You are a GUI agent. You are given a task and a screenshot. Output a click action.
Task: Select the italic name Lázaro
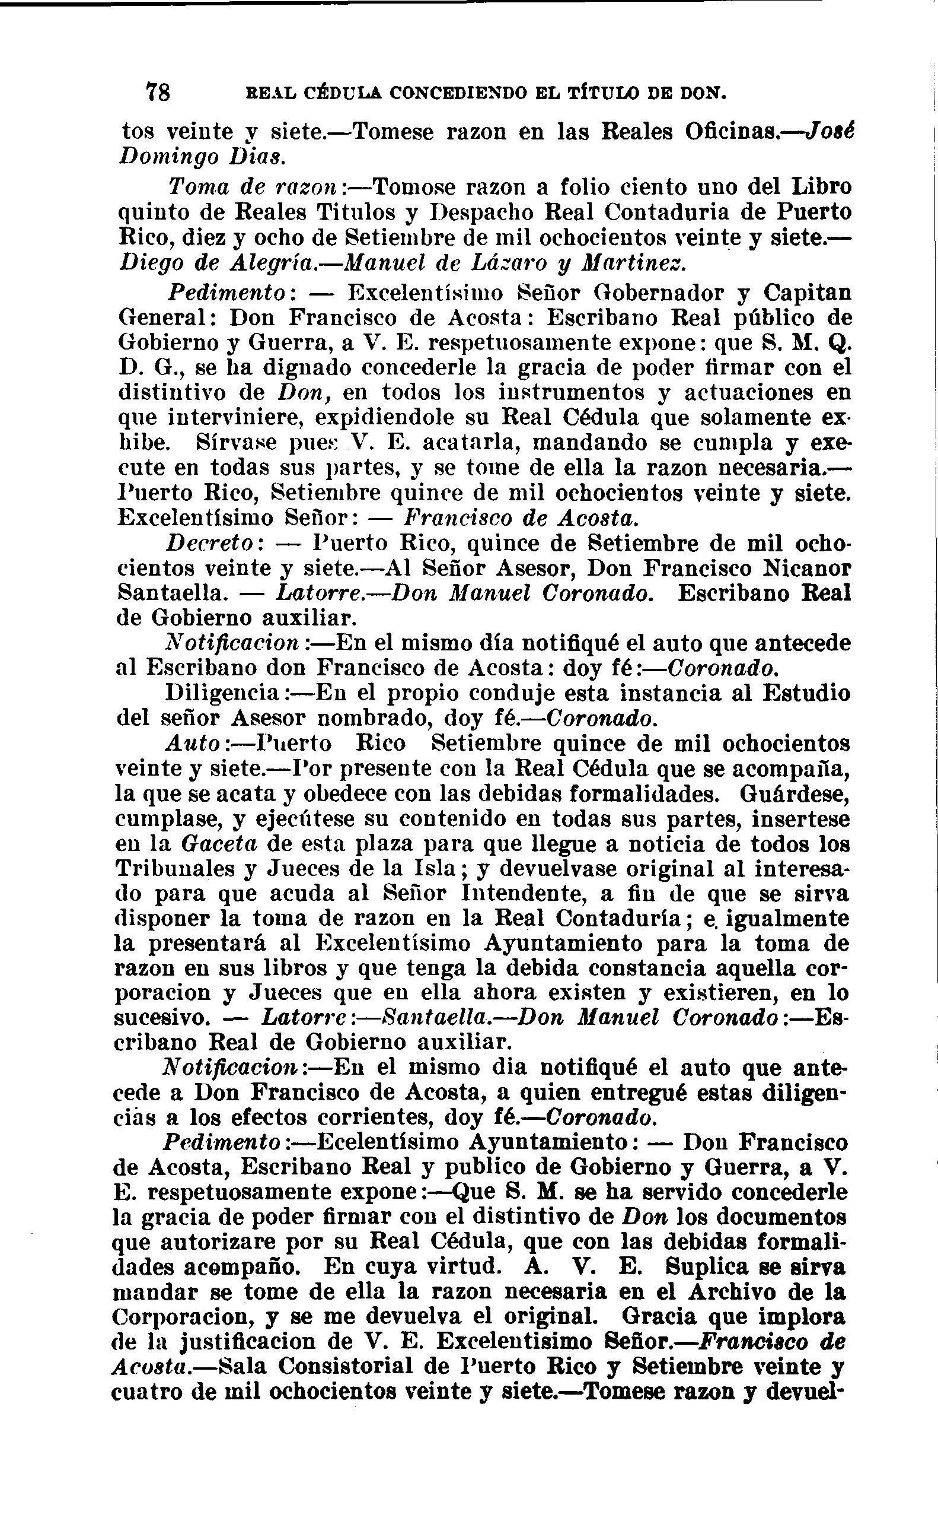(497, 263)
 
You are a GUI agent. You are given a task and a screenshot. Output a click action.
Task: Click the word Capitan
(806, 293)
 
